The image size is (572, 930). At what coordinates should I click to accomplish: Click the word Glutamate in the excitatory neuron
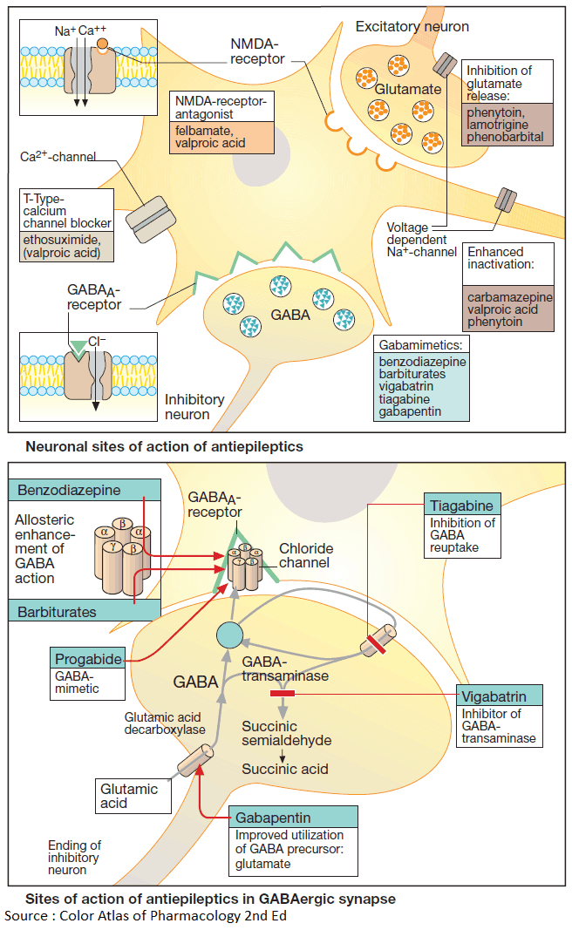[x=408, y=89]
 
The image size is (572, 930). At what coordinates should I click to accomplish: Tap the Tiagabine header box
[x=462, y=506]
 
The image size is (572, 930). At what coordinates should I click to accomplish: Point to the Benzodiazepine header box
[x=85, y=490]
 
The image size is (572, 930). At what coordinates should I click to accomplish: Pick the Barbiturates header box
[x=85, y=612]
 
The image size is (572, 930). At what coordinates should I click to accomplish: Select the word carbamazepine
[x=508, y=297]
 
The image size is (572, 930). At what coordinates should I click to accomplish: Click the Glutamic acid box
[x=129, y=795]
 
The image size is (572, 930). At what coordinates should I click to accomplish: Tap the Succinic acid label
[x=285, y=769]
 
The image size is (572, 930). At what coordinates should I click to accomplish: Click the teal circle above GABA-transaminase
[x=228, y=635]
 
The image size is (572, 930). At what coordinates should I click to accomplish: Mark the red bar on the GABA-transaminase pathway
[x=283, y=693]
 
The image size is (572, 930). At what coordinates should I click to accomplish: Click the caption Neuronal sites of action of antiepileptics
[x=164, y=446]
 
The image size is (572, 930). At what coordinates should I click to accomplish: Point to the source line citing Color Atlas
[x=146, y=915]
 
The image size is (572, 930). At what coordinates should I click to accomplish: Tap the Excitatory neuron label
[x=412, y=27]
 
